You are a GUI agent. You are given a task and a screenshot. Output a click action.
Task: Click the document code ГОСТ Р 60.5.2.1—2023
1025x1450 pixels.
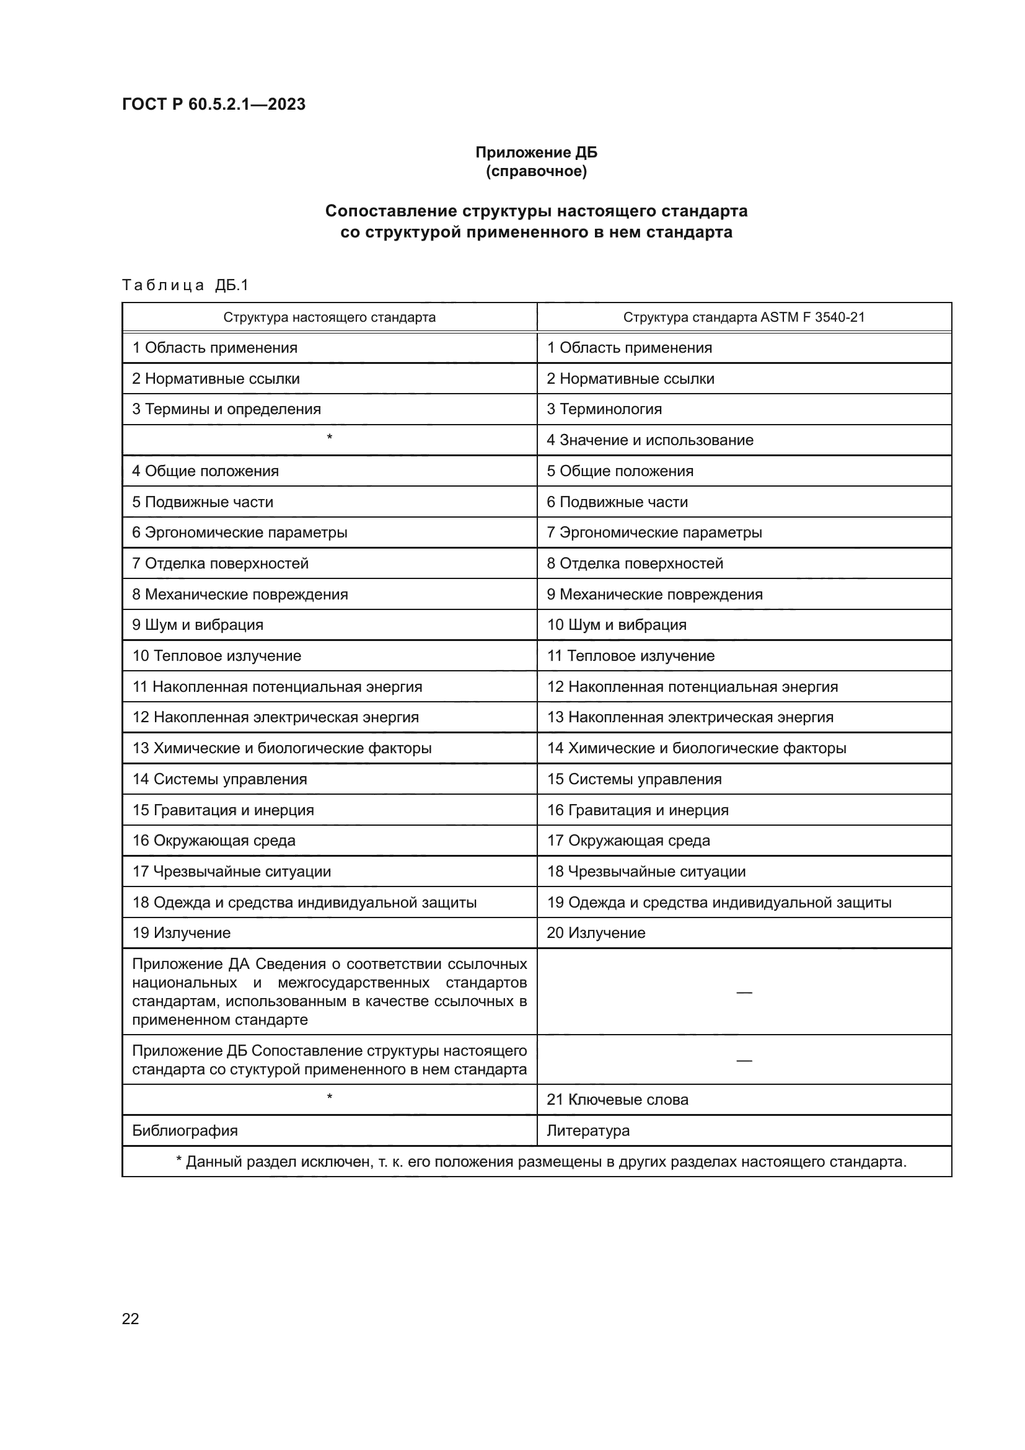click(x=213, y=104)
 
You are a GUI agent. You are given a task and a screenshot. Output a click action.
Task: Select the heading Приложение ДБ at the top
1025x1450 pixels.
click(x=536, y=153)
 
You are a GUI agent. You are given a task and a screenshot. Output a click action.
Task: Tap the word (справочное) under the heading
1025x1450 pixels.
click(x=536, y=171)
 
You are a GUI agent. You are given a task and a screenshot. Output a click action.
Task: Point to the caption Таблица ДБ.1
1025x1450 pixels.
click(x=185, y=285)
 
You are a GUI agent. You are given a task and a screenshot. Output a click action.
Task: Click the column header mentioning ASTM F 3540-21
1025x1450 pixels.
click(x=744, y=317)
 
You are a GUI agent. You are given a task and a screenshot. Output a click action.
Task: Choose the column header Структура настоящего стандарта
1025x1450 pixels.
click(x=329, y=317)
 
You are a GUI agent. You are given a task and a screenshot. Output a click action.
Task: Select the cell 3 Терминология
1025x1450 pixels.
click(x=604, y=409)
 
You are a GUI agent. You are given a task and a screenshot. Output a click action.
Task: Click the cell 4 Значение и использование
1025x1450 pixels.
click(x=649, y=440)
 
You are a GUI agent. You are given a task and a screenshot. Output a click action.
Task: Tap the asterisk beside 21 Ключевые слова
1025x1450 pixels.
click(x=329, y=1098)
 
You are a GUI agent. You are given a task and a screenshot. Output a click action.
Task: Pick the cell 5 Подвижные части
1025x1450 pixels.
click(x=203, y=502)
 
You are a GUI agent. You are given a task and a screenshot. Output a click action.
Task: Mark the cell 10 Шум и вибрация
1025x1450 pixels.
click(x=616, y=625)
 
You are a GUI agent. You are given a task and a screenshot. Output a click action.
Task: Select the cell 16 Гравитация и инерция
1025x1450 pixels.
click(x=638, y=810)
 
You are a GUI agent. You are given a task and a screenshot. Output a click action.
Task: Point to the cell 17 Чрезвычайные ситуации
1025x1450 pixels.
click(x=231, y=872)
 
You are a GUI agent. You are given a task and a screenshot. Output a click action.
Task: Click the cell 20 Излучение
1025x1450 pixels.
click(x=596, y=933)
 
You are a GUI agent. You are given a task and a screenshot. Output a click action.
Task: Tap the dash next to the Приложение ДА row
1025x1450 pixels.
click(x=744, y=993)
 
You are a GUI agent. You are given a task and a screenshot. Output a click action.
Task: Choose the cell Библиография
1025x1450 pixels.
click(x=185, y=1131)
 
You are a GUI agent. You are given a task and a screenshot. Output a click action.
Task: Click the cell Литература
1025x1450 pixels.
click(x=587, y=1131)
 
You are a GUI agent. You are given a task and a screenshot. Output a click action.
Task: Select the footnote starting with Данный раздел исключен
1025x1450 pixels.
click(x=541, y=1161)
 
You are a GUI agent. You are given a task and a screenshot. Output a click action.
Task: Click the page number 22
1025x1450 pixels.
click(x=131, y=1319)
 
